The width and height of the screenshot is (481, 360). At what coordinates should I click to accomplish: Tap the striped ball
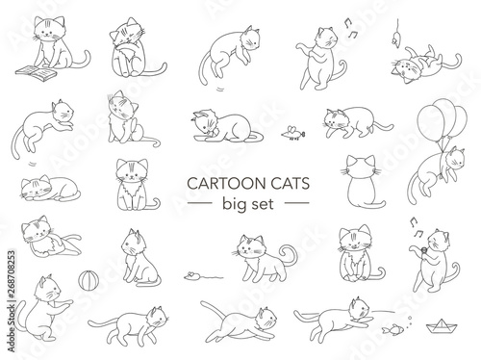pyautogui.click(x=89, y=280)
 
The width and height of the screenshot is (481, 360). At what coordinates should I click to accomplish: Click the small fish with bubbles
pyautogui.click(x=392, y=328)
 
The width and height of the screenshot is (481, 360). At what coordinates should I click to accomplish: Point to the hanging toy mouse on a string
pyautogui.click(x=395, y=38)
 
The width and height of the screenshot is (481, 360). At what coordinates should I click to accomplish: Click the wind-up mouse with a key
pyautogui.click(x=293, y=133)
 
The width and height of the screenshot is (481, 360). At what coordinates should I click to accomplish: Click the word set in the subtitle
pyautogui.click(x=263, y=204)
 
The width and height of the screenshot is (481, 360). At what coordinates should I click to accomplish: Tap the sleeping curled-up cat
pyautogui.click(x=50, y=189)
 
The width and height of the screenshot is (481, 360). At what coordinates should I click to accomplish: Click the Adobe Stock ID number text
pyautogui.click(x=11, y=300)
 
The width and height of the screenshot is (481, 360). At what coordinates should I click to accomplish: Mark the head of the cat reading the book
pyautogui.click(x=49, y=28)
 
